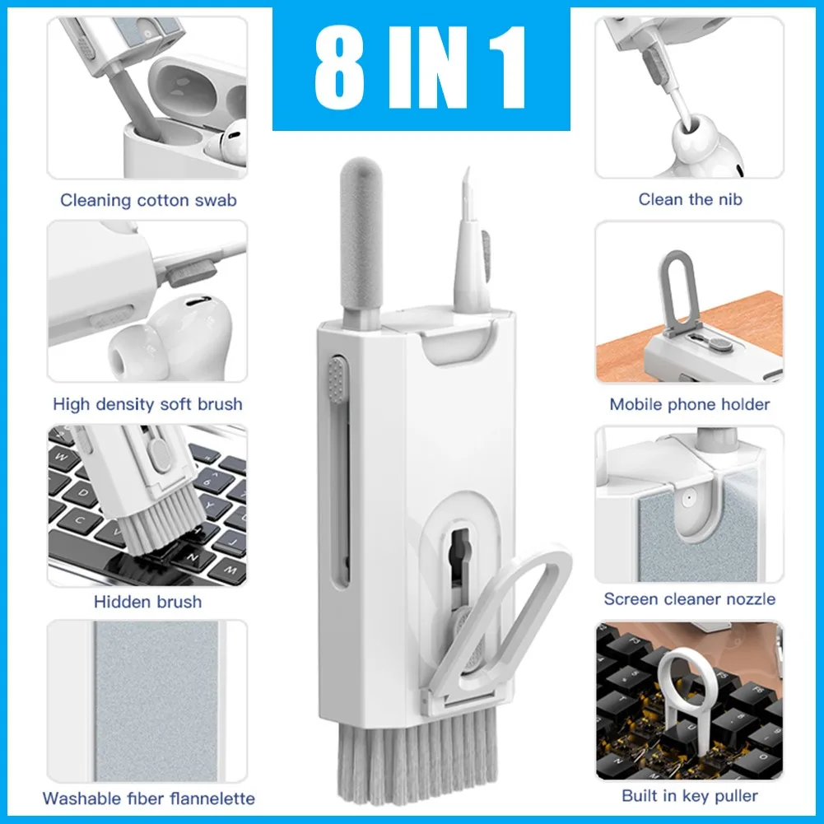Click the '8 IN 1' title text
(421, 70)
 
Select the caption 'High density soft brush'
(147, 404)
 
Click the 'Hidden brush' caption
(147, 602)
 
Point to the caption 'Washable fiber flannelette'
(148, 798)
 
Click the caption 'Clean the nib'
(690, 199)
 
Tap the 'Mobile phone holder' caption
(689, 404)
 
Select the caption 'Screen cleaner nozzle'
(689, 599)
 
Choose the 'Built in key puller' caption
(690, 795)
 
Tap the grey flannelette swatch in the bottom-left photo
(155, 704)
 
